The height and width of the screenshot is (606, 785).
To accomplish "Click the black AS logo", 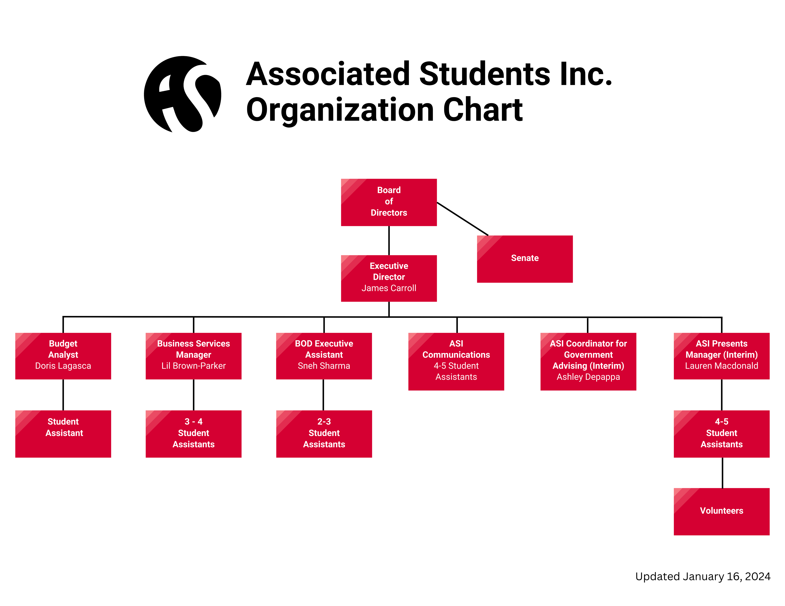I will point(183,94).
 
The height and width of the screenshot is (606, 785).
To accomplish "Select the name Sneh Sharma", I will point(324,366).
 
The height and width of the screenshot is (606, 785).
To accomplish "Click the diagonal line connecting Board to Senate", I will point(462,219).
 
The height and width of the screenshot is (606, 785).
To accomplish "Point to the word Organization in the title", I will point(340,110).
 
